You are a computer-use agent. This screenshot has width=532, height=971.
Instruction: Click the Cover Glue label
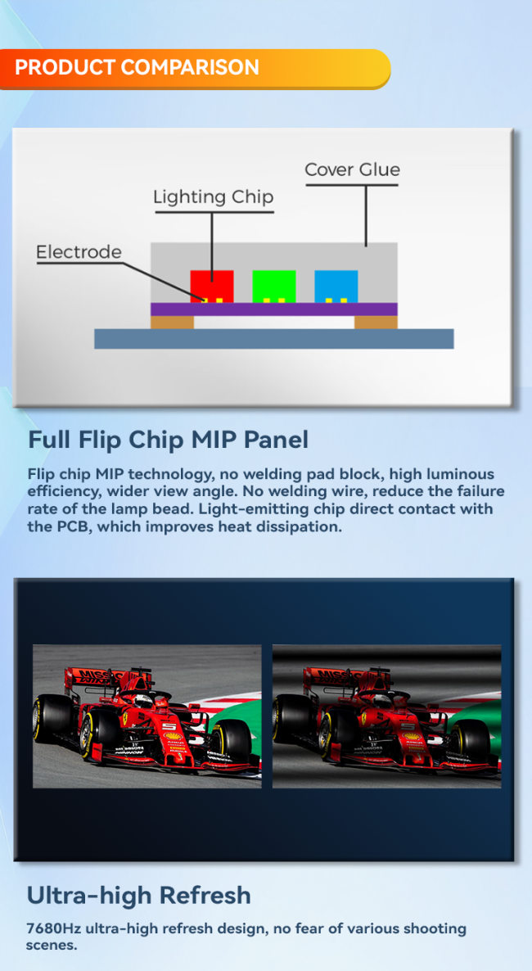(x=352, y=170)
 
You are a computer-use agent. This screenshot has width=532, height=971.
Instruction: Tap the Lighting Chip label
(x=213, y=197)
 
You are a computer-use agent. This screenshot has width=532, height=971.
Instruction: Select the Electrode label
(x=79, y=252)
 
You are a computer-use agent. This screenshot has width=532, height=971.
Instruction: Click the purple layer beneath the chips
(x=273, y=309)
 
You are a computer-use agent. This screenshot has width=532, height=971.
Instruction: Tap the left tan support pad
(x=172, y=322)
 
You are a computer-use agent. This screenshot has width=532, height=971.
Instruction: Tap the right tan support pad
(x=376, y=322)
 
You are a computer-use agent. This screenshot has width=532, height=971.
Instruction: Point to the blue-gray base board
(x=273, y=338)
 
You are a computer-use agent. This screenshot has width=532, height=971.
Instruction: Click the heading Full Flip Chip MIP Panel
(x=168, y=440)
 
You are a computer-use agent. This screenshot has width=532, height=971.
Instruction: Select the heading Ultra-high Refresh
(x=139, y=895)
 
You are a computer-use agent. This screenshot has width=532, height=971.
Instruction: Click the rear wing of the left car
(x=92, y=678)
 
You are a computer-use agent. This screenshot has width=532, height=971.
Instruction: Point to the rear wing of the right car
(x=331, y=678)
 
